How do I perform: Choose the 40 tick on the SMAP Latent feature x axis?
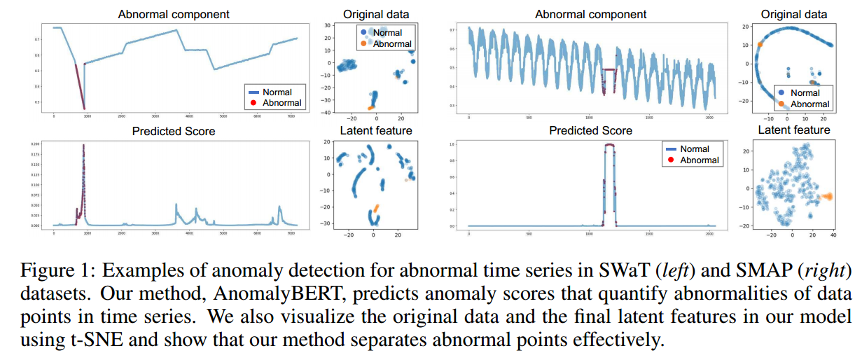coord(833,236)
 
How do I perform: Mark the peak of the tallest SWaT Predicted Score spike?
coord(83,146)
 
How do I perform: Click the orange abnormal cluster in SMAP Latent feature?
coord(826,197)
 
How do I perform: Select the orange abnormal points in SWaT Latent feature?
coord(375,208)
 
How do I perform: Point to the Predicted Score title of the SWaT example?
coord(174,130)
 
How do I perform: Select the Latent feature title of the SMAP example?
coord(794,130)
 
